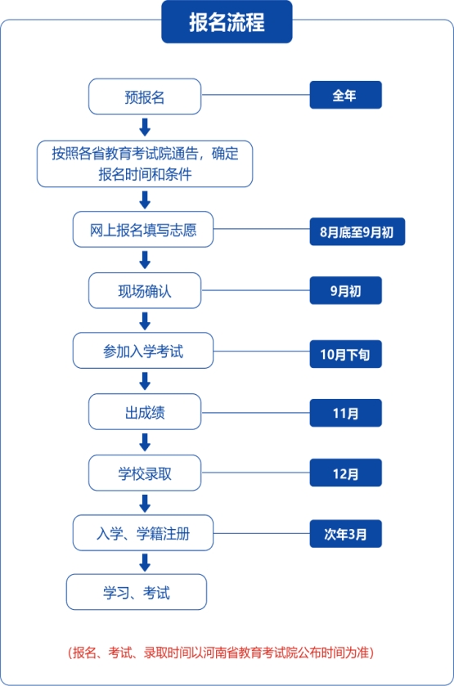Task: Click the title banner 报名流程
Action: pyautogui.click(x=227, y=22)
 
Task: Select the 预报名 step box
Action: pyautogui.click(x=145, y=96)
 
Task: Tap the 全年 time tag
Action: pyautogui.click(x=346, y=95)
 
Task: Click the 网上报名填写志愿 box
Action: pyautogui.click(x=143, y=230)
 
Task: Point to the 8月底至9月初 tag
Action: pyautogui.click(x=357, y=231)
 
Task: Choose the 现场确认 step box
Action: pyautogui.click(x=145, y=291)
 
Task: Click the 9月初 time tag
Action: pyautogui.click(x=346, y=290)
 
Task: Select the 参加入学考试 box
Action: pyautogui.click(x=143, y=351)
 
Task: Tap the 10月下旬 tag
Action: pyautogui.click(x=346, y=354)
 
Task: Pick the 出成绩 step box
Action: pyautogui.click(x=145, y=412)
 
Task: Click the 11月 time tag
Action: pyautogui.click(x=346, y=413)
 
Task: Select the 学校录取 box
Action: pyautogui.click(x=145, y=473)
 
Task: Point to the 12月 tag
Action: pyautogui.click(x=346, y=473)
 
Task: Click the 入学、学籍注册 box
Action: pyautogui.click(x=143, y=533)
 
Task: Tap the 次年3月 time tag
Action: pyautogui.click(x=346, y=534)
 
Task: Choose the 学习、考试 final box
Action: pyautogui.click(x=137, y=592)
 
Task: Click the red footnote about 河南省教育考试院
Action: pyautogui.click(x=221, y=652)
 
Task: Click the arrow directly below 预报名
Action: pyautogui.click(x=145, y=128)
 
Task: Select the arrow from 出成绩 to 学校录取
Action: pyautogui.click(x=145, y=442)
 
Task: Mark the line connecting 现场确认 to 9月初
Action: pyautogui.click(x=256, y=290)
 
